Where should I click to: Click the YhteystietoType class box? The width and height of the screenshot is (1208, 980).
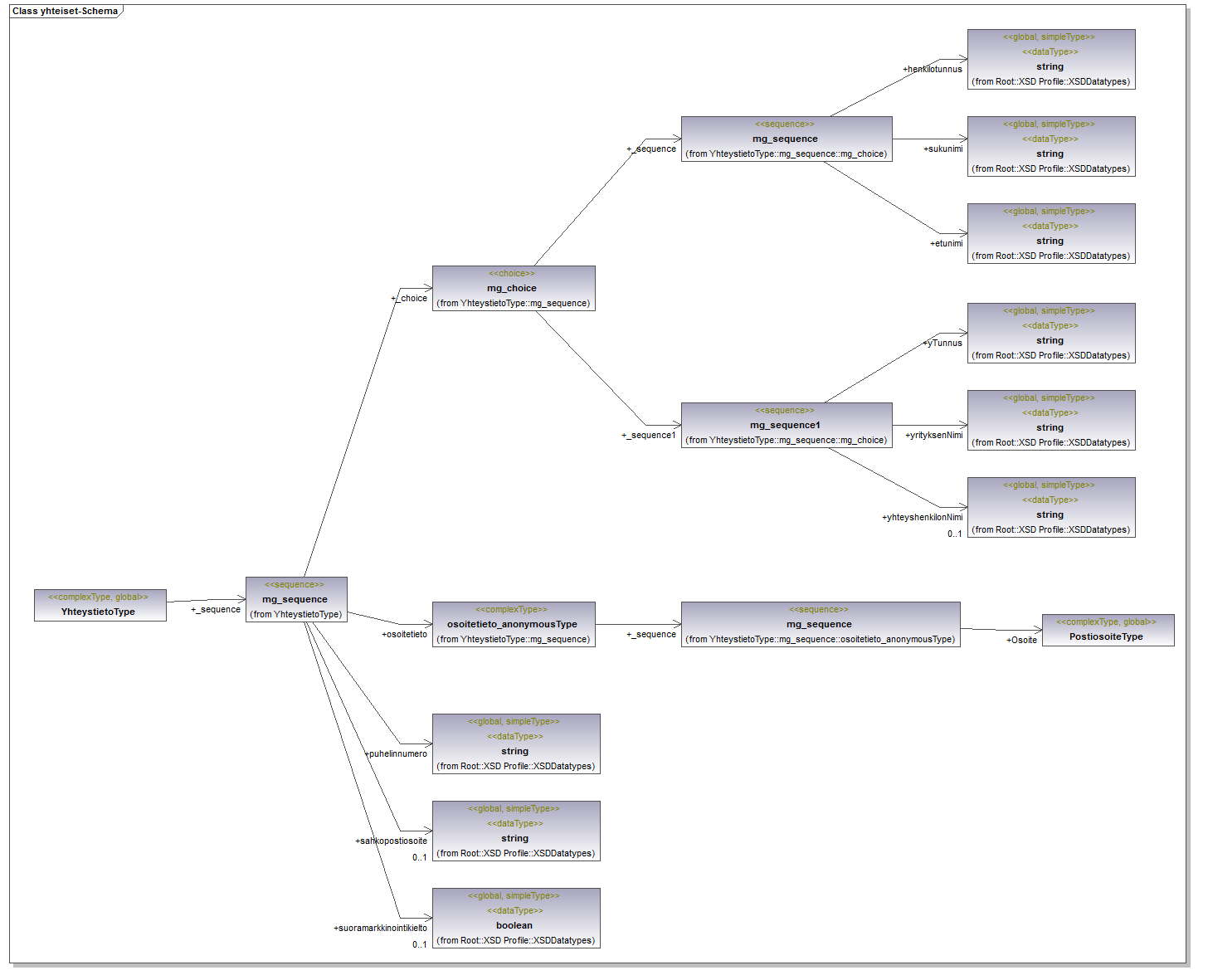pyautogui.click(x=100, y=605)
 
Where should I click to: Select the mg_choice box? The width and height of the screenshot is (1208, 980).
pyautogui.click(x=514, y=288)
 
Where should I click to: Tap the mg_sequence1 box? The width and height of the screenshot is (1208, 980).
pyautogui.click(x=786, y=425)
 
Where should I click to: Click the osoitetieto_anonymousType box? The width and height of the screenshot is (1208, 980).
pyautogui.click(x=514, y=624)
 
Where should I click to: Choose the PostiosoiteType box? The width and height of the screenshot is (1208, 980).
pyautogui.click(x=1108, y=630)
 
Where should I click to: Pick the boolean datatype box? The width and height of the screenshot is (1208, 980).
pyautogui.click(x=515, y=918)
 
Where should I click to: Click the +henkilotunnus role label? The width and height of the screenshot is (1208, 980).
pyautogui.click(x=933, y=70)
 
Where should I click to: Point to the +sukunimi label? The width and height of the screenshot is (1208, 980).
pyautogui.click(x=943, y=149)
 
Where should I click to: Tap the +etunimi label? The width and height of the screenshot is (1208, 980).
pyautogui.click(x=947, y=244)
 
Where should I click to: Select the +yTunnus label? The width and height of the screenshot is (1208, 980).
pyautogui.click(x=943, y=343)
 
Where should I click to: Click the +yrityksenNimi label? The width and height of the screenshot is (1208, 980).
pyautogui.click(x=934, y=436)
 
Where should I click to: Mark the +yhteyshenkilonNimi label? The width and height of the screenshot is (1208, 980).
pyautogui.click(x=923, y=518)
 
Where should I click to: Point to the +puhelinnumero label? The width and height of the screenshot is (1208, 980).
pyautogui.click(x=397, y=754)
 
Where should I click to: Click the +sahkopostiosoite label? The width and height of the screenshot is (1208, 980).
pyautogui.click(x=392, y=841)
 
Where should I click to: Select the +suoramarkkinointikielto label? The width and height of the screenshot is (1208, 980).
pyautogui.click(x=380, y=929)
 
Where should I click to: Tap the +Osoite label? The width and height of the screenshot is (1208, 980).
pyautogui.click(x=1021, y=641)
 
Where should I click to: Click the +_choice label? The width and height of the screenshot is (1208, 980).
pyautogui.click(x=410, y=299)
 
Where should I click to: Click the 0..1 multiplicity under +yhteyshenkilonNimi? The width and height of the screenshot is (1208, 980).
pyautogui.click(x=955, y=534)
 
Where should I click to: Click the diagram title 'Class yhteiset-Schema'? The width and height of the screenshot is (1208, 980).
pyautogui.click(x=65, y=12)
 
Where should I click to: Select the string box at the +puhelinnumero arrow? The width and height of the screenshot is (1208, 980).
pyautogui.click(x=515, y=744)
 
